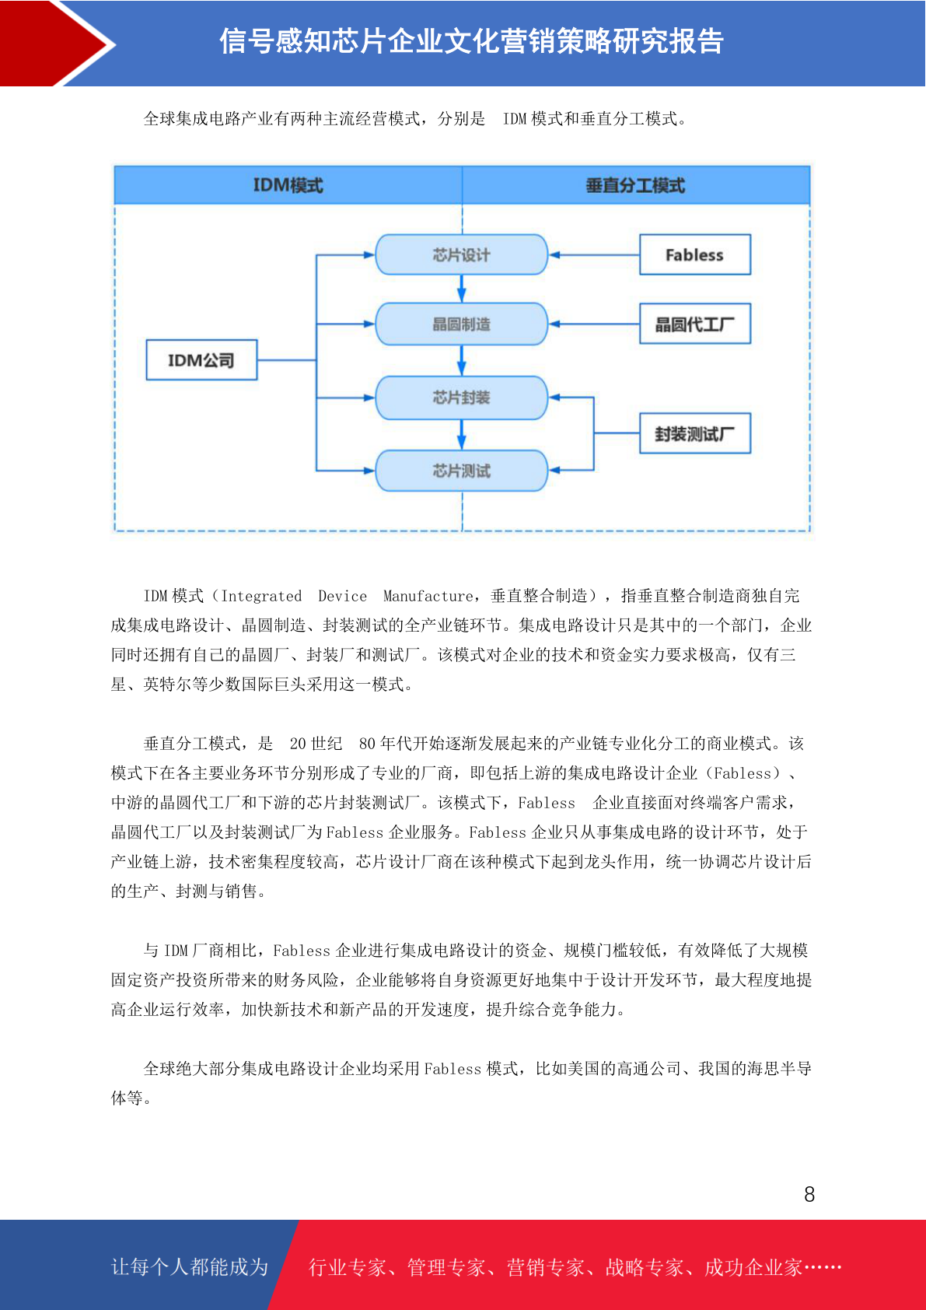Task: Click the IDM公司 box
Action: tap(201, 359)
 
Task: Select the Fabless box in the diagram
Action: tap(694, 254)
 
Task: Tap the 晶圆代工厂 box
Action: tap(694, 324)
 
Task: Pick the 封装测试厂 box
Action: tap(694, 433)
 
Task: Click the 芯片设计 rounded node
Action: tap(461, 254)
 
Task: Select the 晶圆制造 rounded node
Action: tap(461, 324)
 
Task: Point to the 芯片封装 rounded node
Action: tap(461, 398)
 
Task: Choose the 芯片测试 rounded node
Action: tap(461, 471)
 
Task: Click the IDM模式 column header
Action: tap(288, 185)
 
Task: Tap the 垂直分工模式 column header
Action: tap(636, 185)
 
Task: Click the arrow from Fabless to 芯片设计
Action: tap(594, 255)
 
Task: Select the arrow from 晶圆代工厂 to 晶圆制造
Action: tap(594, 324)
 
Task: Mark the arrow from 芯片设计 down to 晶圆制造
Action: tap(461, 289)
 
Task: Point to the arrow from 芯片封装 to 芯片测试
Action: tap(461, 435)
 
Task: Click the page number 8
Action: tap(809, 1194)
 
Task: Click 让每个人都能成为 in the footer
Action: tap(190, 1266)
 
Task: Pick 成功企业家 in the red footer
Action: tap(753, 1267)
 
